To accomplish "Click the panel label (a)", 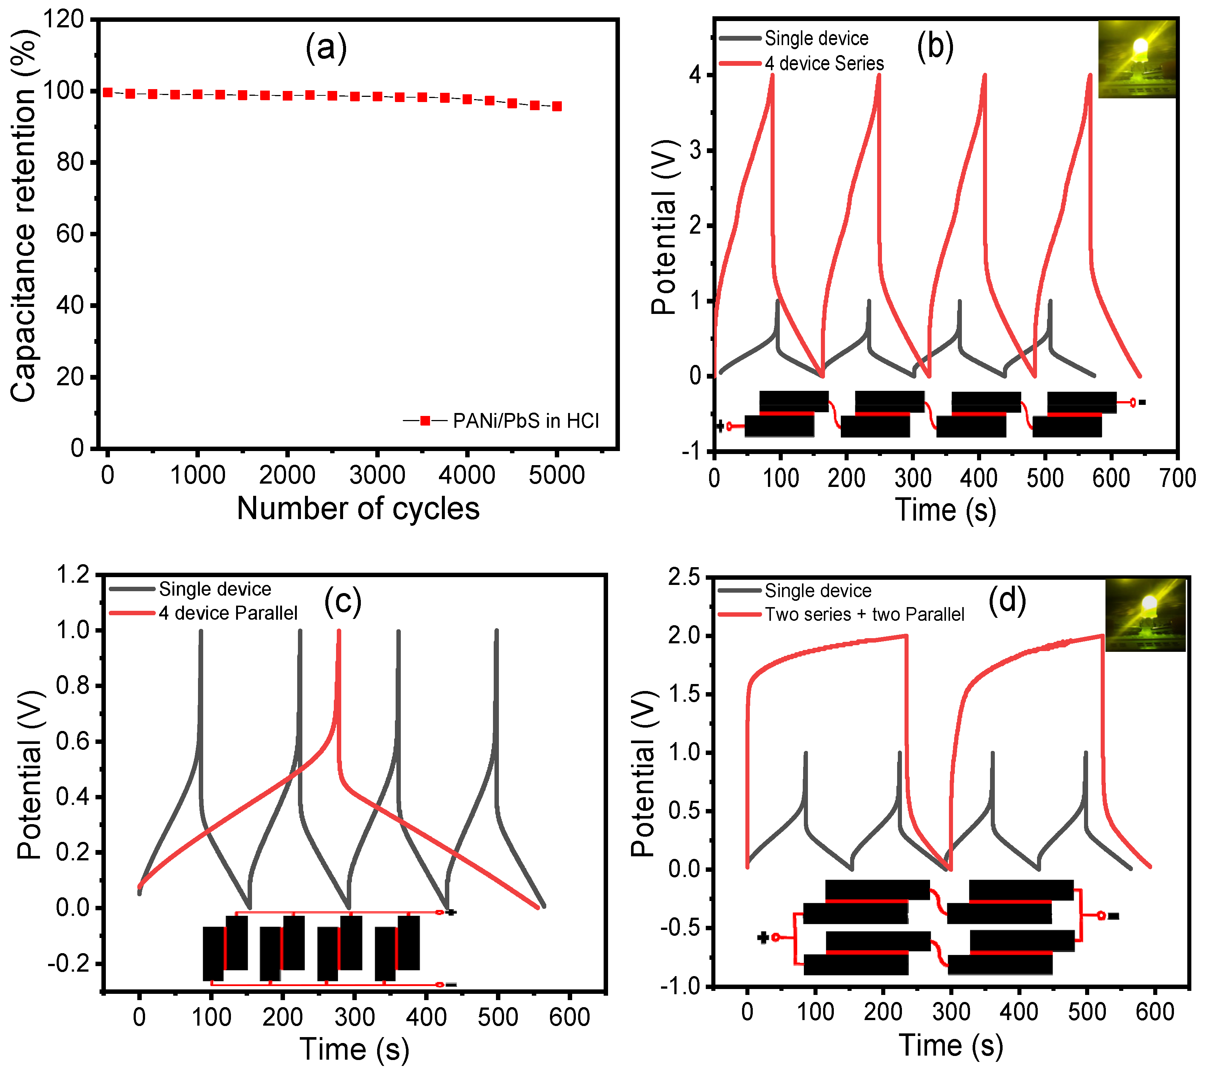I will tap(326, 47).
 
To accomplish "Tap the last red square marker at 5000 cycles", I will tap(556, 106).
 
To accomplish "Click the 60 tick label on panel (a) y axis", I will tap(70, 234).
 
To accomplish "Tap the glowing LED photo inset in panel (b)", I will tap(1137, 59).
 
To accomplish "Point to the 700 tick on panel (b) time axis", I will tap(1177, 478).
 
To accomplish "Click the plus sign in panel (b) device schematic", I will tap(720, 426).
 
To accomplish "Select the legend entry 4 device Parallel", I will tap(228, 613).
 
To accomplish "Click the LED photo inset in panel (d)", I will tap(1145, 615).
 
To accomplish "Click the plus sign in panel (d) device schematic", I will tap(762, 937).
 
